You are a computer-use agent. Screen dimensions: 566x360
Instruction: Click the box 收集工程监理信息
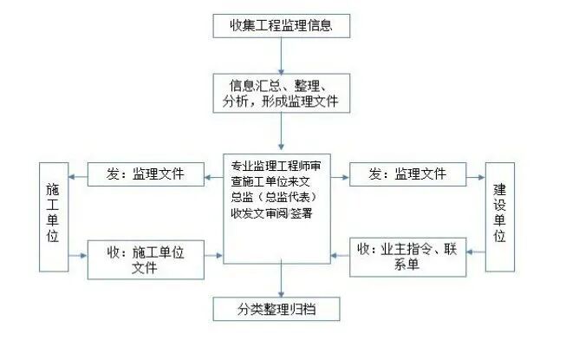click(x=283, y=26)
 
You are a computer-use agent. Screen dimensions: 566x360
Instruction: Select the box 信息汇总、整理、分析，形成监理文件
click(x=283, y=94)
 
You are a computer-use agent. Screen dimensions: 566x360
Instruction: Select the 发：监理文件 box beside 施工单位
click(x=146, y=173)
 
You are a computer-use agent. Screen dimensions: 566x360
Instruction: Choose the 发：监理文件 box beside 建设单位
click(x=408, y=173)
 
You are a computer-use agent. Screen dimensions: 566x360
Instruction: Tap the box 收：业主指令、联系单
click(x=407, y=258)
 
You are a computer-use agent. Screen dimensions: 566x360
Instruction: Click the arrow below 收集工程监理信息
click(x=283, y=56)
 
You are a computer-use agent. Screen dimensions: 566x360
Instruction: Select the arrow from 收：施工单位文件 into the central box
click(x=211, y=256)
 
